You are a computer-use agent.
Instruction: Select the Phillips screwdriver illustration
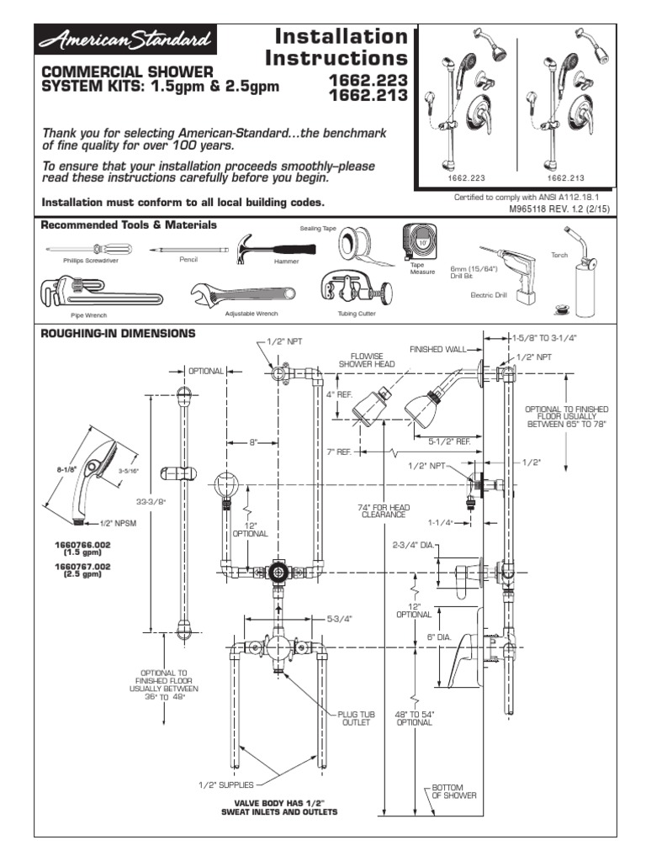[81, 249]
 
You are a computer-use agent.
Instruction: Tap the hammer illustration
[263, 245]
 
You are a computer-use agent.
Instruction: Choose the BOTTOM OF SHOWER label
[454, 791]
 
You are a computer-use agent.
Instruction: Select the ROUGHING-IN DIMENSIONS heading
[118, 333]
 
